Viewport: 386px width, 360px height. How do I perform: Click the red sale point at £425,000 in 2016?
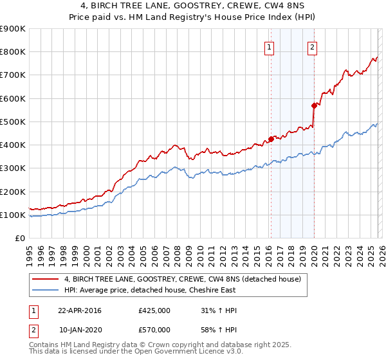pyautogui.click(x=271, y=138)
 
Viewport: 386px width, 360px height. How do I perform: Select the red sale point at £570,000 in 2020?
pyautogui.click(x=314, y=105)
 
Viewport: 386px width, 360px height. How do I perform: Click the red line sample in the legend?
pyautogui.click(x=46, y=279)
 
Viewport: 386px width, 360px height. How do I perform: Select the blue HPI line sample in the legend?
pyautogui.click(x=46, y=290)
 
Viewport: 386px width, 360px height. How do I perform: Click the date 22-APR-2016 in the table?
pyautogui.click(x=80, y=310)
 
